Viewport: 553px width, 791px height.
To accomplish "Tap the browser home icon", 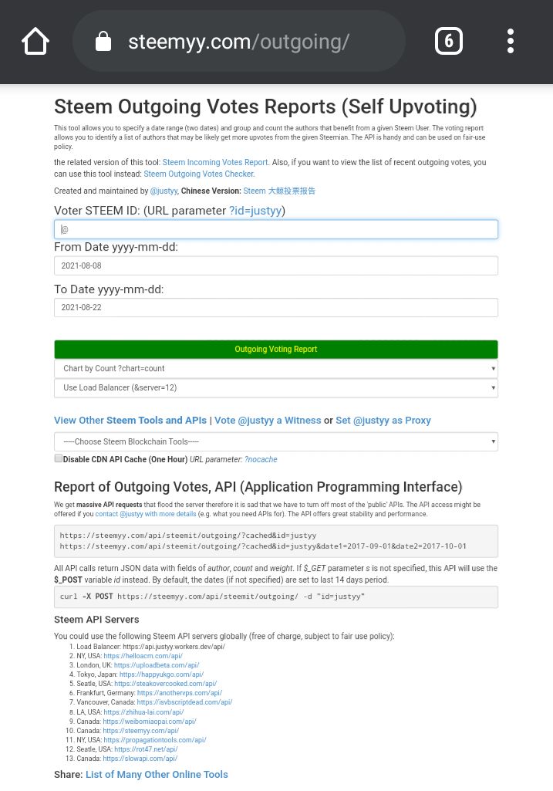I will click(x=35, y=41).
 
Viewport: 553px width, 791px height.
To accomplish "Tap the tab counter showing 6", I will click(x=449, y=41).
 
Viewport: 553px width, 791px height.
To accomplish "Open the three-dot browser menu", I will click(x=511, y=41).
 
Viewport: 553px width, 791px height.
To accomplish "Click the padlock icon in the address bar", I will click(x=103, y=42).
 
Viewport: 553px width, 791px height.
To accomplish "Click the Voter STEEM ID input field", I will click(x=276, y=229).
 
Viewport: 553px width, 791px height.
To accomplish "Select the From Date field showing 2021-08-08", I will click(x=276, y=265).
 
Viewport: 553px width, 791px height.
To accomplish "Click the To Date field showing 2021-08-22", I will click(x=276, y=307).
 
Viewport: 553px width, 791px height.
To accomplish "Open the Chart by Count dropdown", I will click(x=276, y=369).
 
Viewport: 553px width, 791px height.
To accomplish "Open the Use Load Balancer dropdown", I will click(x=276, y=388).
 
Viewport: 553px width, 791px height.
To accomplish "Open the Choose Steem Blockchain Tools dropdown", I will click(x=276, y=441).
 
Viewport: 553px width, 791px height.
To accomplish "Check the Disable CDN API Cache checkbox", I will click(x=59, y=458).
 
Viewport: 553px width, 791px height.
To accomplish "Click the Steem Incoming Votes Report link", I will click(x=215, y=163).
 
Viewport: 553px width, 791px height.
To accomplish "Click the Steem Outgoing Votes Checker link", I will click(x=199, y=174).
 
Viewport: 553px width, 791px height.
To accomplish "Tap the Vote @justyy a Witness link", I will click(x=268, y=421).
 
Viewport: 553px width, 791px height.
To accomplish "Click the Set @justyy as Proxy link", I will click(x=383, y=421).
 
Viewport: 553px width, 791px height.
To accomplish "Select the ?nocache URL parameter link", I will click(x=261, y=459).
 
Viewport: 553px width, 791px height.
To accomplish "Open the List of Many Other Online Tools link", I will click(x=157, y=774).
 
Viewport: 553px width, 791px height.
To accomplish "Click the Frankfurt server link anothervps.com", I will click(x=179, y=693).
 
